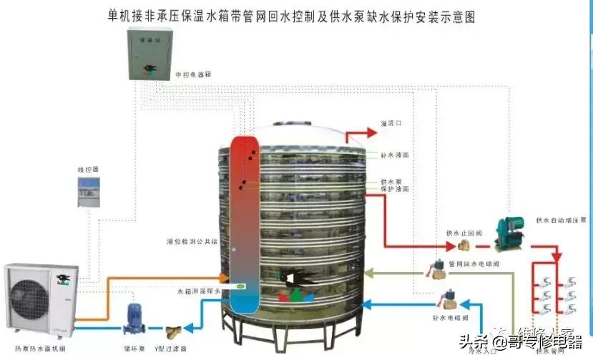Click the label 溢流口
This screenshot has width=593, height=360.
click(x=391, y=123)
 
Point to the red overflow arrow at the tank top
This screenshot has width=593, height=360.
click(x=361, y=132)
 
